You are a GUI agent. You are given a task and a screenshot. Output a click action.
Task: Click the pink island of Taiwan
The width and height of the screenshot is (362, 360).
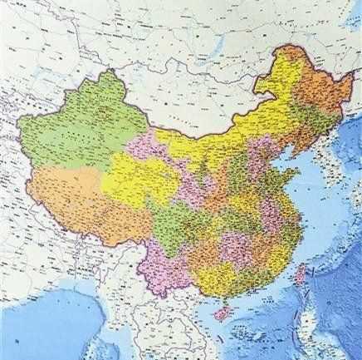click(302, 274)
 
